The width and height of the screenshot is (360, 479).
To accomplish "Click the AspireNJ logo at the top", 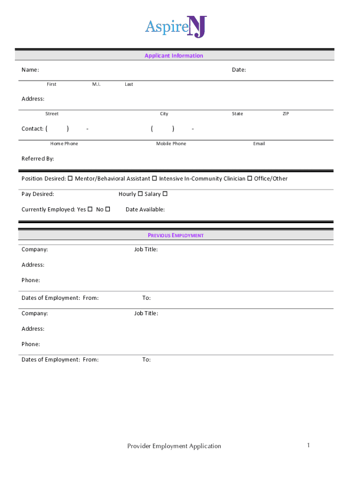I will [175, 27].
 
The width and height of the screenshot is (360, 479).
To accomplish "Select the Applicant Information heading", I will [174, 56].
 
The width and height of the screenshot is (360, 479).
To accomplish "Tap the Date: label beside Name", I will [239, 70].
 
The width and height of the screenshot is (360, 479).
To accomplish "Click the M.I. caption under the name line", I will [96, 84].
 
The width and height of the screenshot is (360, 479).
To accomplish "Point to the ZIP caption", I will [286, 114].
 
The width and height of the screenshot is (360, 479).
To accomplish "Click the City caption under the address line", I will [164, 114].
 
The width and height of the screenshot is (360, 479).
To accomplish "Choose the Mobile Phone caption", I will [171, 144].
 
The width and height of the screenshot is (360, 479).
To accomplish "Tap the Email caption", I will [259, 144].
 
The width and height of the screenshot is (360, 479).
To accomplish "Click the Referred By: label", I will [38, 159].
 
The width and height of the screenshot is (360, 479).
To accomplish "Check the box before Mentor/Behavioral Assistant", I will [71, 178].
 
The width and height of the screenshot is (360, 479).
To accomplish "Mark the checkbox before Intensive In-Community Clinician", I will [154, 178].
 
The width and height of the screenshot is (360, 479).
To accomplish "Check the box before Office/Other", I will [250, 178].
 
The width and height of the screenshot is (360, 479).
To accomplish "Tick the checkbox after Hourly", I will [140, 194].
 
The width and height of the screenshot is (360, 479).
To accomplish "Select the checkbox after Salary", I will [165, 194].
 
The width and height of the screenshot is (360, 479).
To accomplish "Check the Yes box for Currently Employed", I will [90, 209].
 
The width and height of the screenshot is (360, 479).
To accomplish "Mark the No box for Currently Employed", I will [108, 209].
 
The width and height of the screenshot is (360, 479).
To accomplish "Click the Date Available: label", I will [145, 210].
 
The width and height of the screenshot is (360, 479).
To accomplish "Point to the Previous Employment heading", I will [176, 235].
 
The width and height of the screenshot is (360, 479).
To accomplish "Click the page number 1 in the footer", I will [309, 445].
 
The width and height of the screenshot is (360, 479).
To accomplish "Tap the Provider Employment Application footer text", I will [174, 446].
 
